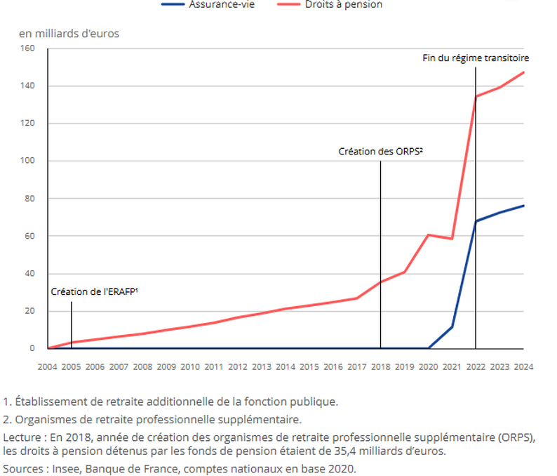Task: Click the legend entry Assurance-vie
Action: [x=220, y=4]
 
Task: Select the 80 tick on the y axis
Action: [x=29, y=199]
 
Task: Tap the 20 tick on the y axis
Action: [x=29, y=311]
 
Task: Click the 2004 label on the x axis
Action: [x=47, y=366]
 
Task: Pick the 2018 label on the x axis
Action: [x=380, y=366]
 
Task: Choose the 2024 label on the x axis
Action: [x=523, y=366]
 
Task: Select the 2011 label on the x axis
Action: [x=214, y=366]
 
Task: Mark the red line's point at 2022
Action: [x=476, y=96]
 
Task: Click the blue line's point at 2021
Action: [x=452, y=326]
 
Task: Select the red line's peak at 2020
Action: [x=428, y=234]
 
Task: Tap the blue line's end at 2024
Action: [x=523, y=206]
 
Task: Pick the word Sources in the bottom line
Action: [x=21, y=468]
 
